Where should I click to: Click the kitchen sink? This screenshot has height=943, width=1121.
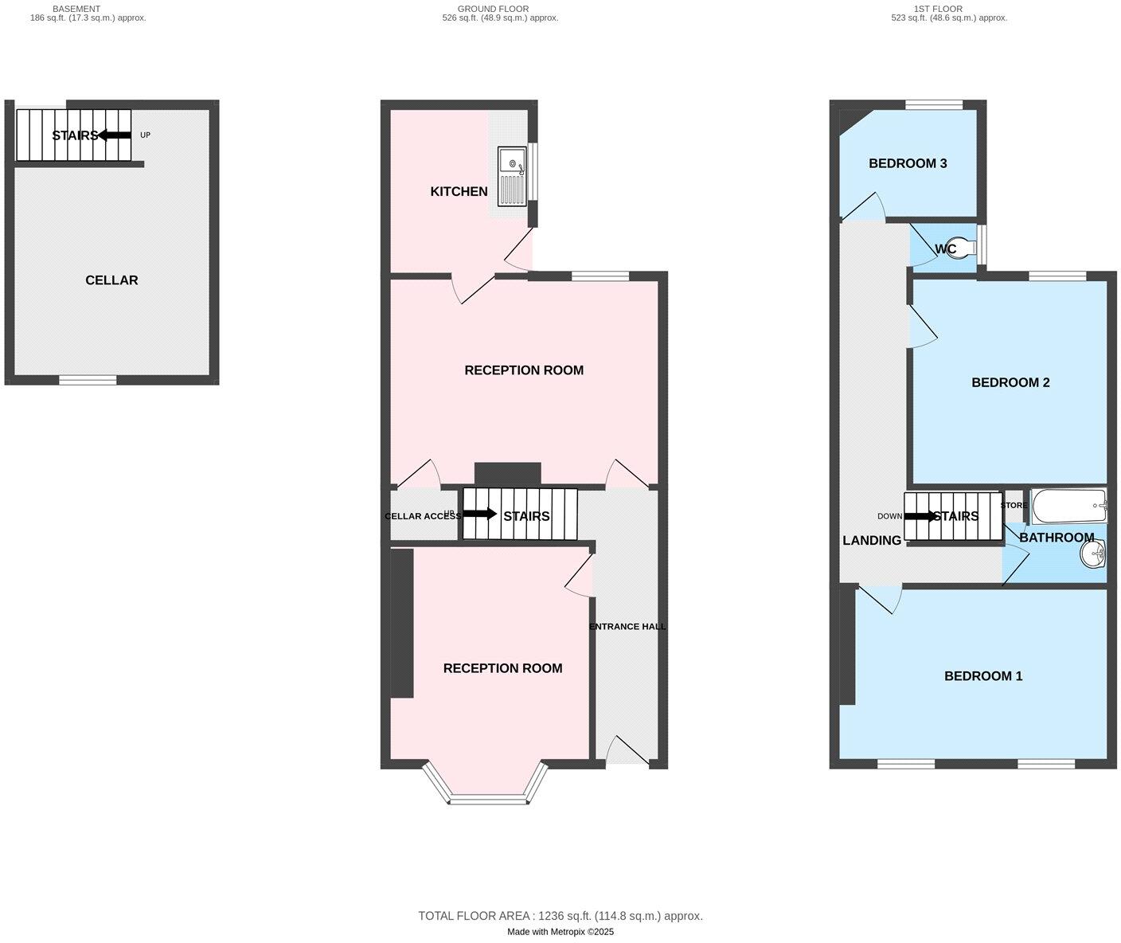pos(512,176)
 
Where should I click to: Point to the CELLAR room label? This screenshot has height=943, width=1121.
pos(111,280)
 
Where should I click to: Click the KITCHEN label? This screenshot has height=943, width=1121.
pos(459,191)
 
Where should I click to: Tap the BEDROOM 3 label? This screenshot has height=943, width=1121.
pos(907,163)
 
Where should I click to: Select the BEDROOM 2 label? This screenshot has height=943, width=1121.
pos(1010,382)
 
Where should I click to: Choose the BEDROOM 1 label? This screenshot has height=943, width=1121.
pos(983,676)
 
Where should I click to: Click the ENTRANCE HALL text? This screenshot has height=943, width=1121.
pos(627,627)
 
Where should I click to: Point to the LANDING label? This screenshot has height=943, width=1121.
pos(872,541)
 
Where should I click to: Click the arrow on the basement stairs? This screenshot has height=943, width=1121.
pos(115,135)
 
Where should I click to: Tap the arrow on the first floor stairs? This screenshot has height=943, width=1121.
pos(920,516)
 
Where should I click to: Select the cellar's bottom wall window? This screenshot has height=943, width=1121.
pos(88,380)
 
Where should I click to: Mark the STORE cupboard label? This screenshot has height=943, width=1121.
pos(1014,505)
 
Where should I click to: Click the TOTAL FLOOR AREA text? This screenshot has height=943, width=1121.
pos(560,916)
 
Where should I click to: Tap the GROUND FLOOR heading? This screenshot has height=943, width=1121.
pos(499,10)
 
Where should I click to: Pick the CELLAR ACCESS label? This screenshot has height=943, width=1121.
pos(423,516)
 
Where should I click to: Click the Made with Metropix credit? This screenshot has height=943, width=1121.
pos(560,932)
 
